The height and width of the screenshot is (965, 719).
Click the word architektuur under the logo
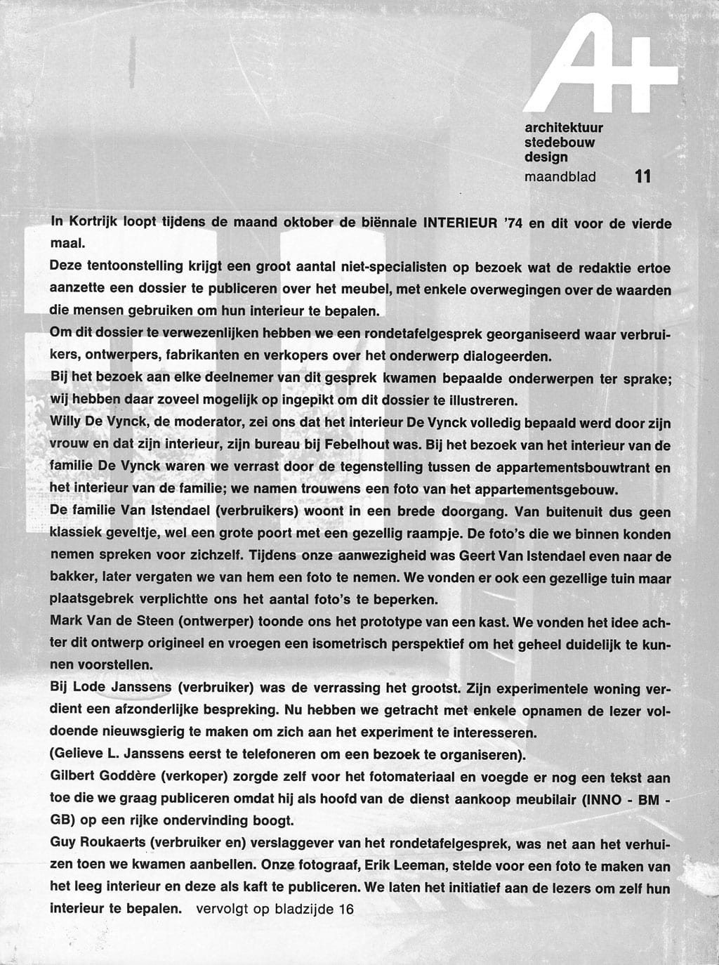coord(564,127)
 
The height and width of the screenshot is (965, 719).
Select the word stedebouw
coord(560,142)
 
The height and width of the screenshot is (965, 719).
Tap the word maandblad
coord(560,176)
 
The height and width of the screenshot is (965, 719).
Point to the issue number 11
coord(642,176)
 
